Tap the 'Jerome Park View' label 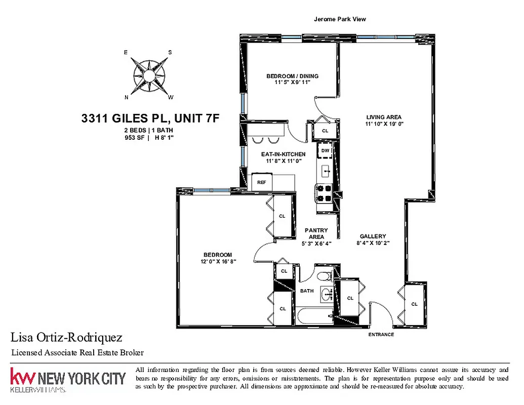click(340, 19)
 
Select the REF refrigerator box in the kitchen click(262, 182)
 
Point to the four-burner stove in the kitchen click(324, 193)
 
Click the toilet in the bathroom click(326, 276)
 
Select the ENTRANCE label click(381, 335)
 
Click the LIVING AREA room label click(384, 117)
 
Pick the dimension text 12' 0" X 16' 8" click(218, 261)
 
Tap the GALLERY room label click(373, 236)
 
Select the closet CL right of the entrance click(414, 304)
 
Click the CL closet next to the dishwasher click(325, 131)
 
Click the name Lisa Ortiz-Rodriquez click(66, 338)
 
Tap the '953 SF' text click(134, 137)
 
